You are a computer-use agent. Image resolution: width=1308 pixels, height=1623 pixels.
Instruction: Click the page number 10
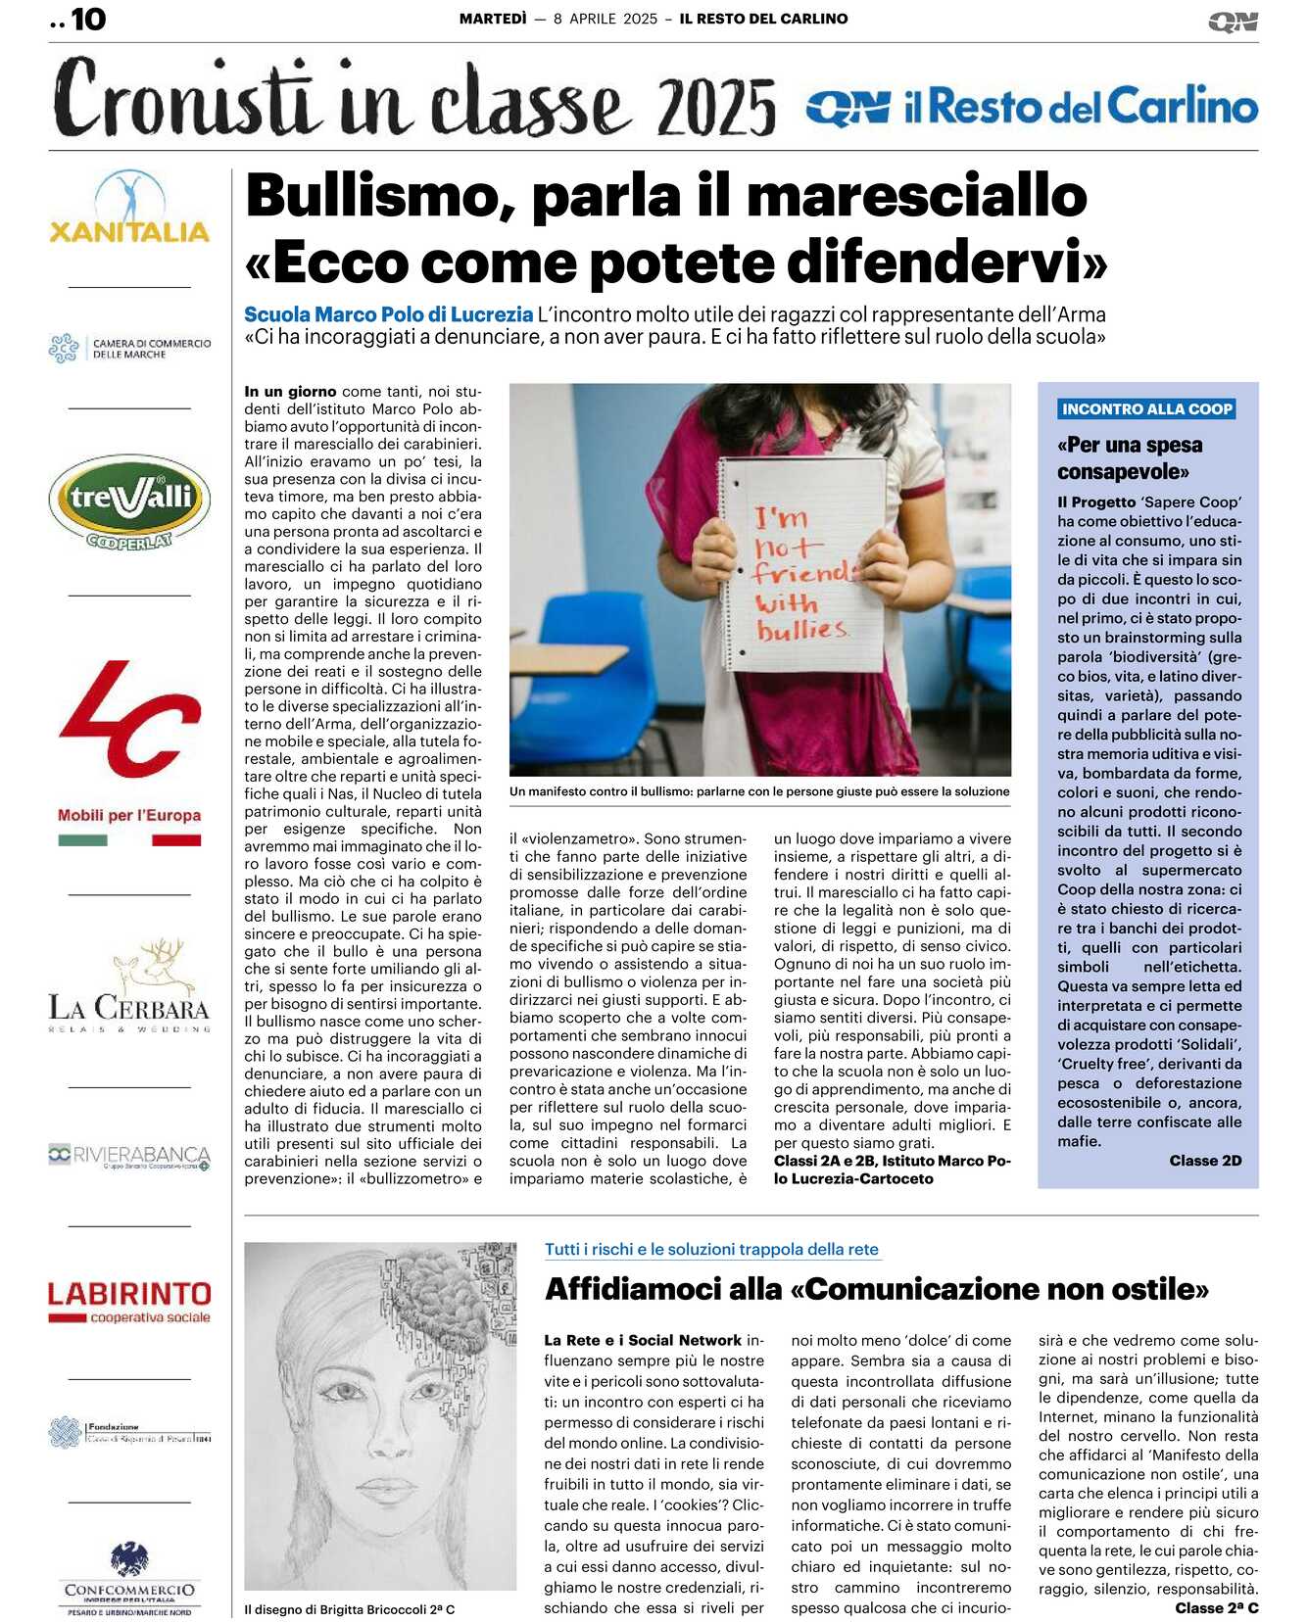(x=87, y=20)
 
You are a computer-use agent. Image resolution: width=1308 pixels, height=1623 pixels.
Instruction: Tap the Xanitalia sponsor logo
(x=129, y=209)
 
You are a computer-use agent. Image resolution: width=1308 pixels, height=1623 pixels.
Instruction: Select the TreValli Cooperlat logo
(x=129, y=501)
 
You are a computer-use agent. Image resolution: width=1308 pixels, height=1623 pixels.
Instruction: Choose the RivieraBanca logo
(x=129, y=1156)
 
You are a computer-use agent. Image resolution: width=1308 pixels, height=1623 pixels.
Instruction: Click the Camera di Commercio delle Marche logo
(x=129, y=349)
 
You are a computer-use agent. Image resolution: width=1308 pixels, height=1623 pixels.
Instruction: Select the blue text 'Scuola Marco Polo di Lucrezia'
(x=388, y=314)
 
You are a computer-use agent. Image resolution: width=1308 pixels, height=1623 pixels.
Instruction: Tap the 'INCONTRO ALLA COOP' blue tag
(x=1146, y=409)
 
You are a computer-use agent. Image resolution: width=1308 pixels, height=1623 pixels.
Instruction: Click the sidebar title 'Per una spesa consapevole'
(x=1130, y=457)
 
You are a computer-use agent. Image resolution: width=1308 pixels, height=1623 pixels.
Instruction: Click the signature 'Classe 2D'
(x=1205, y=1161)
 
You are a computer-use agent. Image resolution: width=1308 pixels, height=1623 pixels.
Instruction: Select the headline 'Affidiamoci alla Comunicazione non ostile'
(x=877, y=1288)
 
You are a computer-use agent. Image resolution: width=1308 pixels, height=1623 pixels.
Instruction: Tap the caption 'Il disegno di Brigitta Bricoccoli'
(x=349, y=1609)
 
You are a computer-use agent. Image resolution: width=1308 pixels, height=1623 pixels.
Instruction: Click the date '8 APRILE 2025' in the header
(x=606, y=19)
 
